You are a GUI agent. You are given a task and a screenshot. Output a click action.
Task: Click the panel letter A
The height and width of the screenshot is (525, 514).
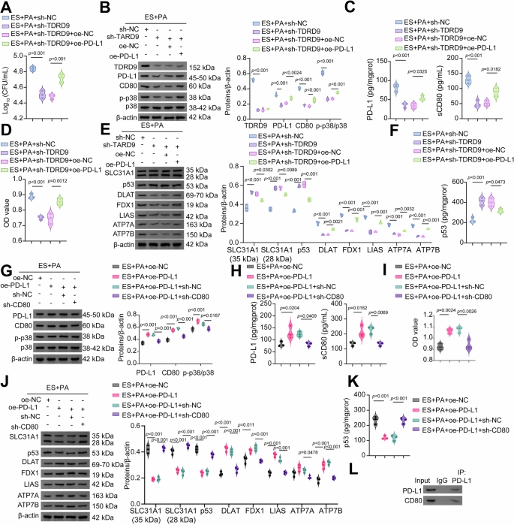pyautogui.click(x=6, y=7)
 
